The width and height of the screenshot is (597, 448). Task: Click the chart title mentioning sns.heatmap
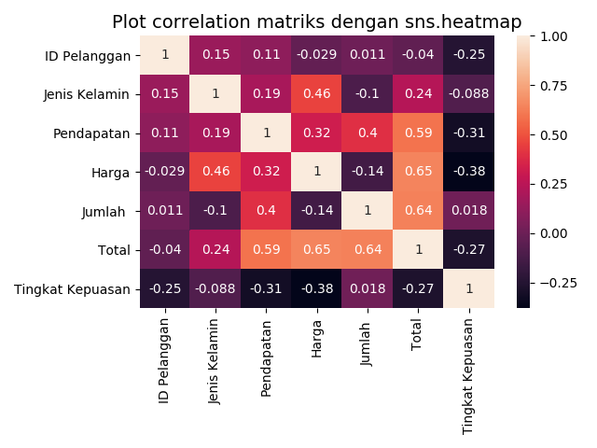tap(317, 21)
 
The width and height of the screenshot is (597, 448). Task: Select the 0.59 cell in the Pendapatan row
tap(419, 133)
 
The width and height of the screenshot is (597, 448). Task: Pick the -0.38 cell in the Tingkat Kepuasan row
tap(317, 288)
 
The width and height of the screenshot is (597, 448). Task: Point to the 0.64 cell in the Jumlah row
tap(419, 210)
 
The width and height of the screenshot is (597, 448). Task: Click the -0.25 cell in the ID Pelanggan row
tap(469, 55)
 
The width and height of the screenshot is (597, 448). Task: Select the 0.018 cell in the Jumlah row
tap(469, 210)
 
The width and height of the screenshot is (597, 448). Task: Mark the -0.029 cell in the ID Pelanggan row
tap(317, 55)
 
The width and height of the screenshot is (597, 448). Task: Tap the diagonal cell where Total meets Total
tap(419, 249)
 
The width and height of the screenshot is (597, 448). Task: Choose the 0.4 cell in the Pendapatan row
tap(368, 133)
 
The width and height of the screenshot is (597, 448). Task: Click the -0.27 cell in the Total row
tap(469, 249)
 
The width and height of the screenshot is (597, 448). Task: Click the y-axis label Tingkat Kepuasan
tap(73, 288)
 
